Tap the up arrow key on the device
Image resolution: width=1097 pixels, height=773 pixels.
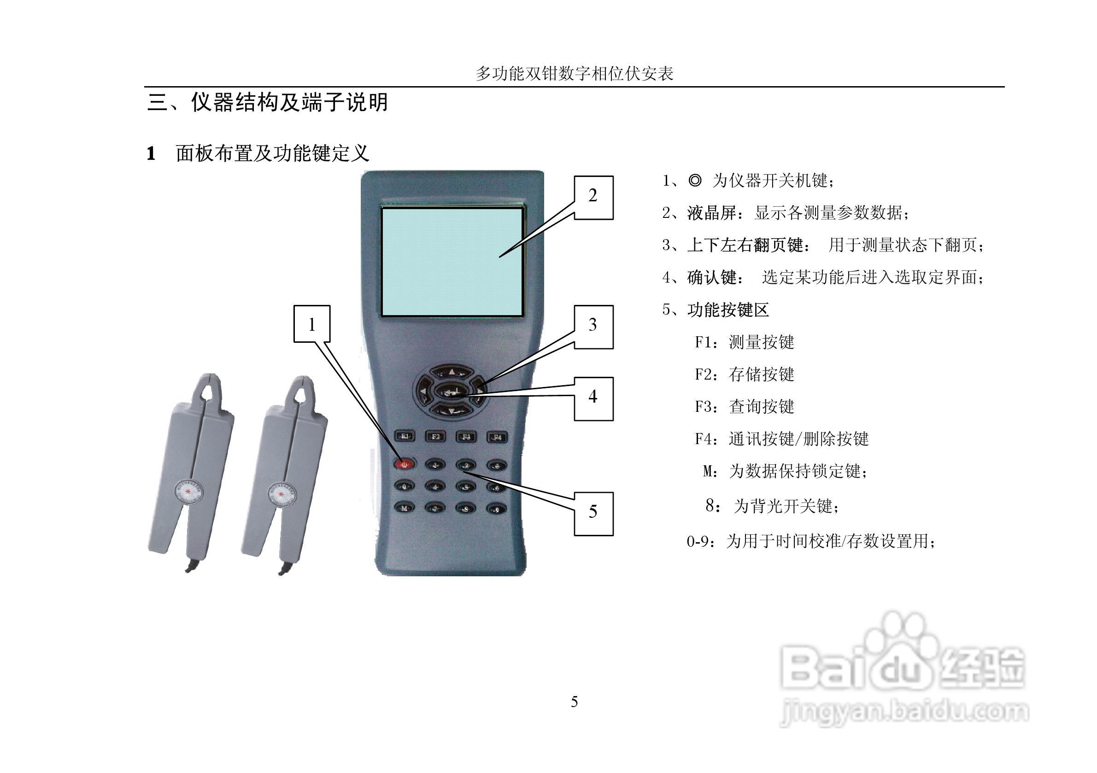point(451,371)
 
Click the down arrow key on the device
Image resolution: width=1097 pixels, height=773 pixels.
point(451,410)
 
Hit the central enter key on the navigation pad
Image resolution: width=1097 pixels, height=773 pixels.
point(451,391)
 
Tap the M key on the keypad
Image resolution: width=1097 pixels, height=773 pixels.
point(404,507)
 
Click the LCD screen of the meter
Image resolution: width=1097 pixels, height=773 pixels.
point(452,262)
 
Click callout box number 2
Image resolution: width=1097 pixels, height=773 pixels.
point(593,197)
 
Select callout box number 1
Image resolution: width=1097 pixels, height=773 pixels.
point(312,324)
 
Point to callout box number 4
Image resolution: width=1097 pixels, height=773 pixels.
point(593,398)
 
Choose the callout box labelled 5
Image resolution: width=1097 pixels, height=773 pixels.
point(593,514)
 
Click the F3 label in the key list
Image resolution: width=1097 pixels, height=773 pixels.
point(705,407)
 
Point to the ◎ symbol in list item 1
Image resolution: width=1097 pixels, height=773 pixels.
point(695,181)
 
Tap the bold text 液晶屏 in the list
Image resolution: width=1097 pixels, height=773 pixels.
point(712,213)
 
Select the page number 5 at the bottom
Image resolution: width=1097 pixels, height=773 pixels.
point(574,702)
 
